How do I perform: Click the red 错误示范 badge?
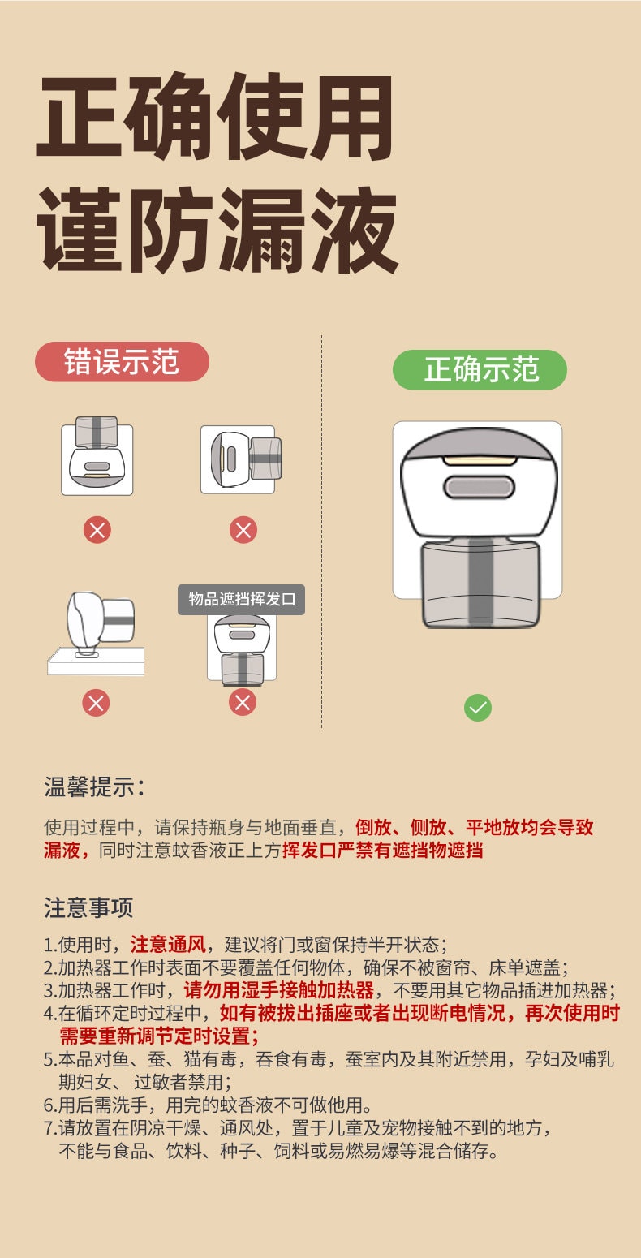pos(122,362)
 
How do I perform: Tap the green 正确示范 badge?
pos(480,370)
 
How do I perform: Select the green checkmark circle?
pos(478,708)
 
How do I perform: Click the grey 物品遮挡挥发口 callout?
pos(242,600)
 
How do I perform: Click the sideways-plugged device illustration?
pos(242,459)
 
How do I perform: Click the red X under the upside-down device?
pos(97,531)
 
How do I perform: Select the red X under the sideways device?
pos(243,531)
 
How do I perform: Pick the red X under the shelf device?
pos(96,702)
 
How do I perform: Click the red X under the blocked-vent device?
pos(242,702)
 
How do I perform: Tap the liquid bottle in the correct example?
pos(480,583)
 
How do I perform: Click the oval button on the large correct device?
pos(479,487)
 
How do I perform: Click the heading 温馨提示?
pos(94,786)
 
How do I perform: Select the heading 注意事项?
pos(88,907)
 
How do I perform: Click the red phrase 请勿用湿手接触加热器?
pos(279,990)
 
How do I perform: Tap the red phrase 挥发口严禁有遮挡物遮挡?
pos(382,851)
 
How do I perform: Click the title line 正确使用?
pos(215,119)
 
